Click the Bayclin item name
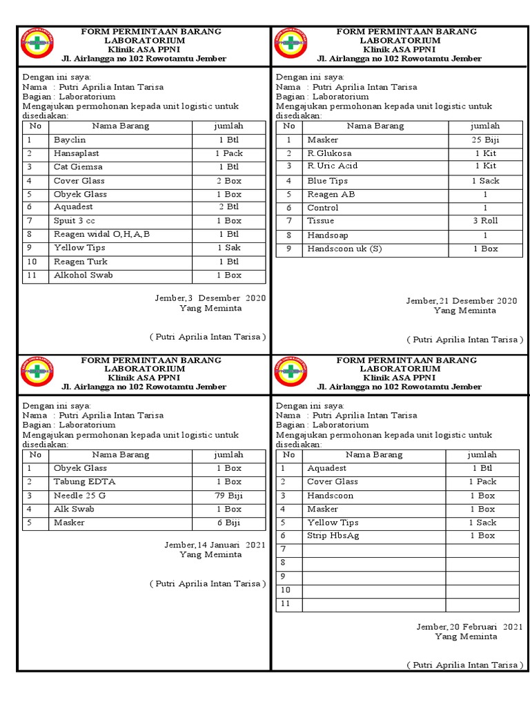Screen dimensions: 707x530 click(x=70, y=140)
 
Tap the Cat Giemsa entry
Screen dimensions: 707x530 click(x=78, y=167)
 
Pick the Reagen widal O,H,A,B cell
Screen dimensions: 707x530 click(x=101, y=234)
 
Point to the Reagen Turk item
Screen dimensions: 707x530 click(x=80, y=262)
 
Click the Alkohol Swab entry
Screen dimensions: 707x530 click(x=84, y=275)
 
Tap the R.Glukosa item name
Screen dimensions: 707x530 click(x=329, y=153)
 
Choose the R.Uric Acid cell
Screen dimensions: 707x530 click(x=333, y=166)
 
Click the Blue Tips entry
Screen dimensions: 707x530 click(x=327, y=181)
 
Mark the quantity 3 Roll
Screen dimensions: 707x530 click(x=484, y=221)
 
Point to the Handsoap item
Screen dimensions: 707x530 click(x=328, y=235)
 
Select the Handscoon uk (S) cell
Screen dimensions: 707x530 click(x=344, y=249)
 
